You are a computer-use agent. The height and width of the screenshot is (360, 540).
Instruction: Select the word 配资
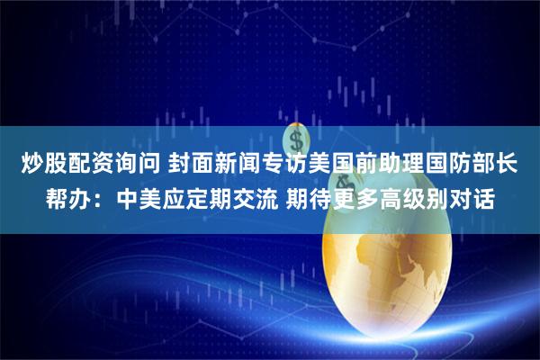tap(89, 165)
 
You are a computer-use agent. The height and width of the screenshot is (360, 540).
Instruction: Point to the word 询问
tap(137, 165)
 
